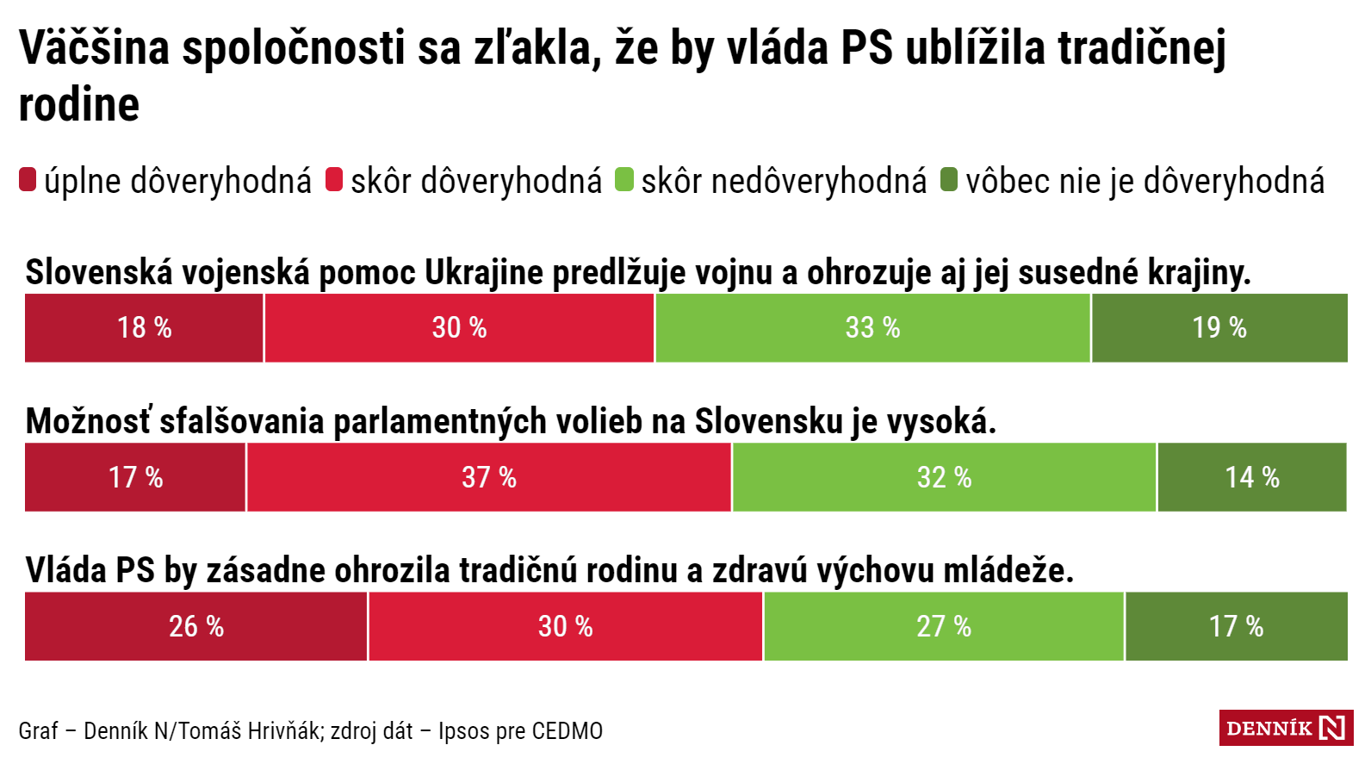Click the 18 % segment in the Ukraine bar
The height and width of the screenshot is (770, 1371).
[144, 328]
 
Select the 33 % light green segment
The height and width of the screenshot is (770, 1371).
[872, 328]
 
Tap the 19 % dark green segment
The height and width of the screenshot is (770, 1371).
[1219, 328]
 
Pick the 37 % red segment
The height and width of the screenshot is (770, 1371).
[489, 477]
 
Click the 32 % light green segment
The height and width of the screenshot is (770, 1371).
[944, 477]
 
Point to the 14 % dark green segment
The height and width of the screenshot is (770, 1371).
[1252, 477]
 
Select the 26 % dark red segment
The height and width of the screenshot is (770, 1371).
[196, 626]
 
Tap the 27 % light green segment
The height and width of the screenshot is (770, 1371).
[944, 626]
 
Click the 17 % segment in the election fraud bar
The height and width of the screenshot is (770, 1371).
[135, 477]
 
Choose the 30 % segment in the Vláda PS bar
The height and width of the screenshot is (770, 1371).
[565, 626]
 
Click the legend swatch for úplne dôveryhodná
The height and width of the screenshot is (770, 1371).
[28, 180]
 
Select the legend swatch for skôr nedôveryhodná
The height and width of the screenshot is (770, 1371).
[624, 180]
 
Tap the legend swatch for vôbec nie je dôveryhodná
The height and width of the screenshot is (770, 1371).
[949, 180]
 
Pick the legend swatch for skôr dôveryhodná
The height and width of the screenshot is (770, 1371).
[334, 180]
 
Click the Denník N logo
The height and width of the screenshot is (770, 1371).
[1286, 728]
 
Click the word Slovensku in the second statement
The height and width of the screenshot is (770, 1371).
[768, 422]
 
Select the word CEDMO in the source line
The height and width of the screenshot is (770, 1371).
[567, 731]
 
